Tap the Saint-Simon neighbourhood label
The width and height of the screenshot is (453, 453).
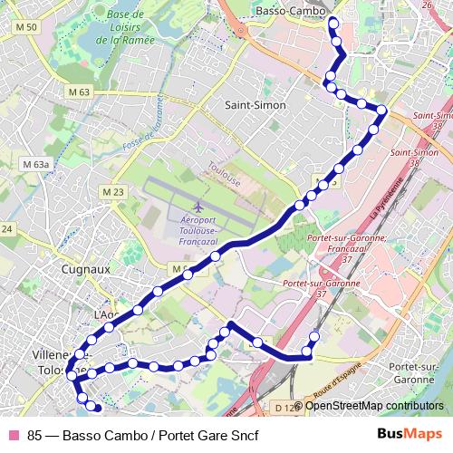[255, 105]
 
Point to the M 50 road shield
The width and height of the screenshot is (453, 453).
[26, 28]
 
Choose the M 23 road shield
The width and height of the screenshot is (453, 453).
[112, 192]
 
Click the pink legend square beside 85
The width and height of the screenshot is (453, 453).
[13, 433]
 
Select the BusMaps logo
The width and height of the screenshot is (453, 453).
[410, 433]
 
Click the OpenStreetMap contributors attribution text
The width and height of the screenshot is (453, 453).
[374, 406]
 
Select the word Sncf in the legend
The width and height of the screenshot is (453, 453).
[244, 433]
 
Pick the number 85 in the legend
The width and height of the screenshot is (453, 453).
[35, 433]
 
